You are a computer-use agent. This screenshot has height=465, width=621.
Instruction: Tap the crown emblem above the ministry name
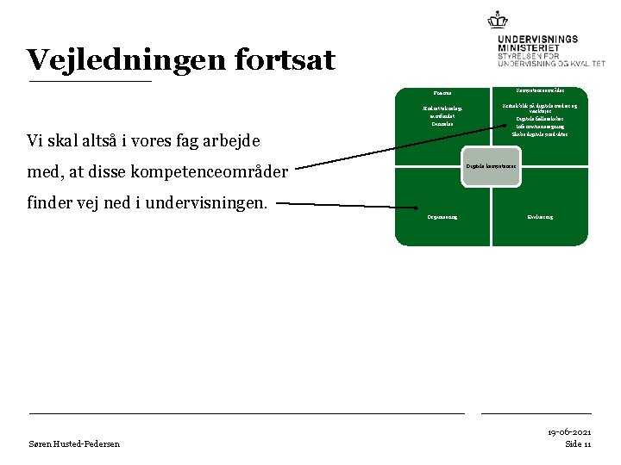click(498, 19)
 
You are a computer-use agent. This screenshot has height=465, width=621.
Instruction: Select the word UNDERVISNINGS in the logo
click(537, 39)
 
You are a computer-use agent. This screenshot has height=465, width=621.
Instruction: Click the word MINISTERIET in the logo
click(527, 47)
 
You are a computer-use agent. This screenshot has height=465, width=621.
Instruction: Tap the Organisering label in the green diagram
click(442, 217)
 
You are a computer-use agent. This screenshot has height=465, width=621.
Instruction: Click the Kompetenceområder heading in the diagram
click(538, 90)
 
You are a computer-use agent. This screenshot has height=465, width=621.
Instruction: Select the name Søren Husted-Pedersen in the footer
click(74, 443)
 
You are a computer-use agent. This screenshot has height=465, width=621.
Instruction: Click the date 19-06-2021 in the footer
click(568, 431)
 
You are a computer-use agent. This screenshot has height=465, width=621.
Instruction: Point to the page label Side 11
click(578, 443)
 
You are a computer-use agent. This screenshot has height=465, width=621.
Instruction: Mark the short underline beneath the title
click(90, 81)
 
